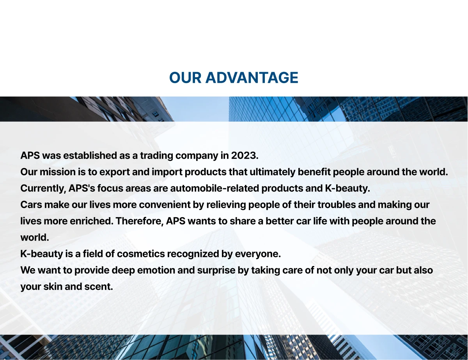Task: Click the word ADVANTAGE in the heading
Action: (252, 78)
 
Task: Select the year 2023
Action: (245, 156)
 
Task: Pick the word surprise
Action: (216, 270)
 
